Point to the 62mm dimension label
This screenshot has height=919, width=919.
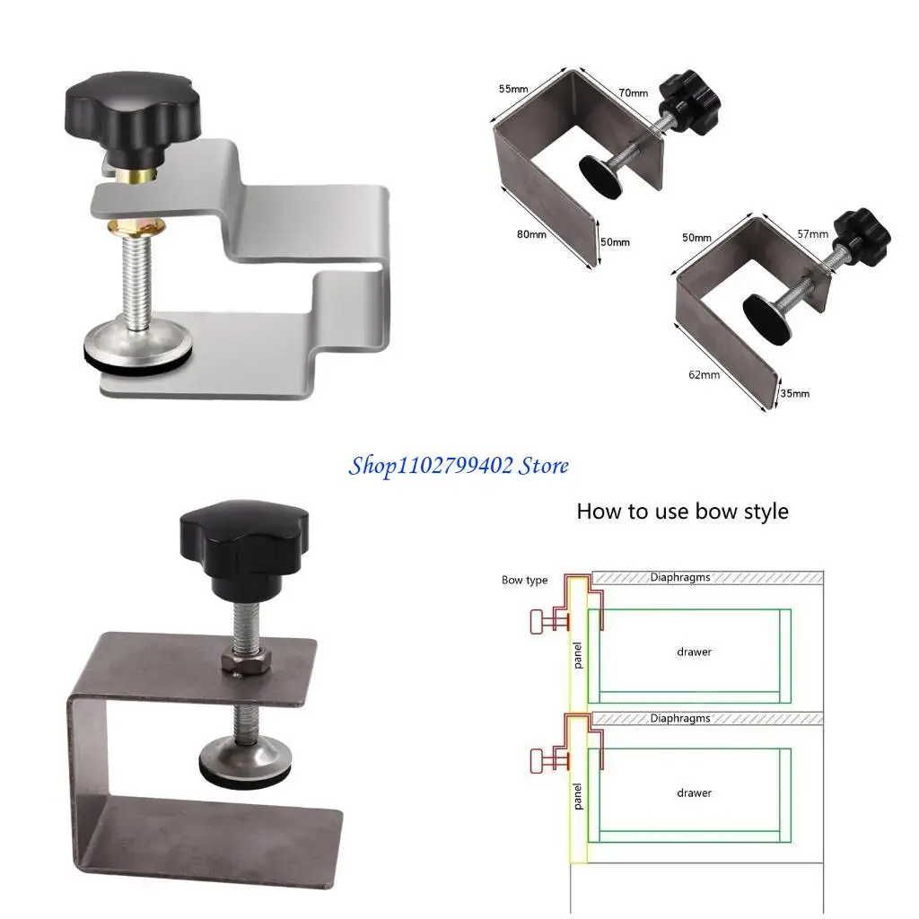(705, 374)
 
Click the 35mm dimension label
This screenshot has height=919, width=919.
(794, 393)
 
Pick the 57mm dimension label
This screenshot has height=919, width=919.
(813, 234)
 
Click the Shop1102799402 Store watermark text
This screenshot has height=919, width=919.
(459, 465)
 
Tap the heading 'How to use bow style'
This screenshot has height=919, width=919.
(682, 512)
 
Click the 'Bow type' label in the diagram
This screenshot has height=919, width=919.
(524, 581)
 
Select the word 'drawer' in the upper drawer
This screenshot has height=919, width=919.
(694, 652)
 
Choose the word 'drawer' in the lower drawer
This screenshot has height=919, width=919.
(694, 792)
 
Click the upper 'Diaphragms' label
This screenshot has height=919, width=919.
(679, 578)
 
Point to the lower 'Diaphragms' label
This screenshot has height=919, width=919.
(679, 718)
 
